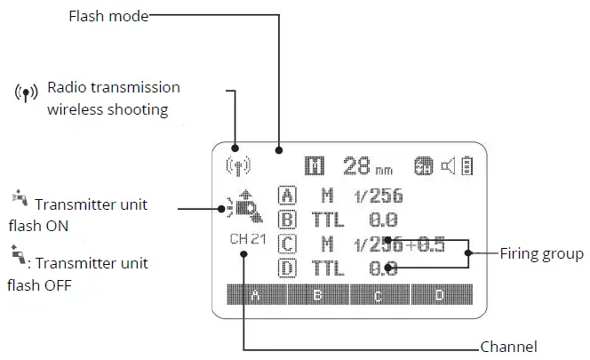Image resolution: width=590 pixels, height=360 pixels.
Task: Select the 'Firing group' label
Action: click(540, 254)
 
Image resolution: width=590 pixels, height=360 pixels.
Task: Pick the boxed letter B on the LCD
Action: click(288, 220)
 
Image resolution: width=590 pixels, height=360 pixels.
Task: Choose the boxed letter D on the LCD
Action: click(288, 268)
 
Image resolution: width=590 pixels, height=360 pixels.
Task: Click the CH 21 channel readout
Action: click(248, 239)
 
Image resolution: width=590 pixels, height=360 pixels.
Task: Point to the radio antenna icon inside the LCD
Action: click(239, 165)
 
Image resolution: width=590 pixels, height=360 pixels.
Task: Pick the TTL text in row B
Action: click(328, 220)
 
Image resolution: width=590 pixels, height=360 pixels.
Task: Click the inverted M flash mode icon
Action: click(315, 165)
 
